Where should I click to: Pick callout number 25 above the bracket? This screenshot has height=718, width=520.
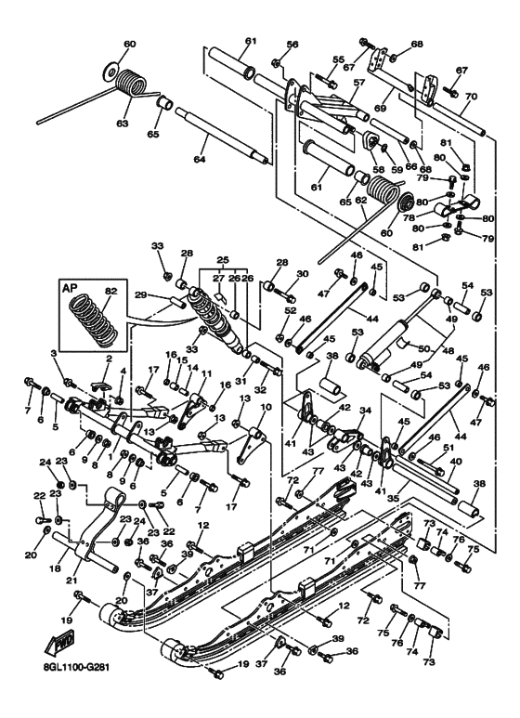(x=221, y=260)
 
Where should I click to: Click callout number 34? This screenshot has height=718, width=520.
(x=366, y=410)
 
